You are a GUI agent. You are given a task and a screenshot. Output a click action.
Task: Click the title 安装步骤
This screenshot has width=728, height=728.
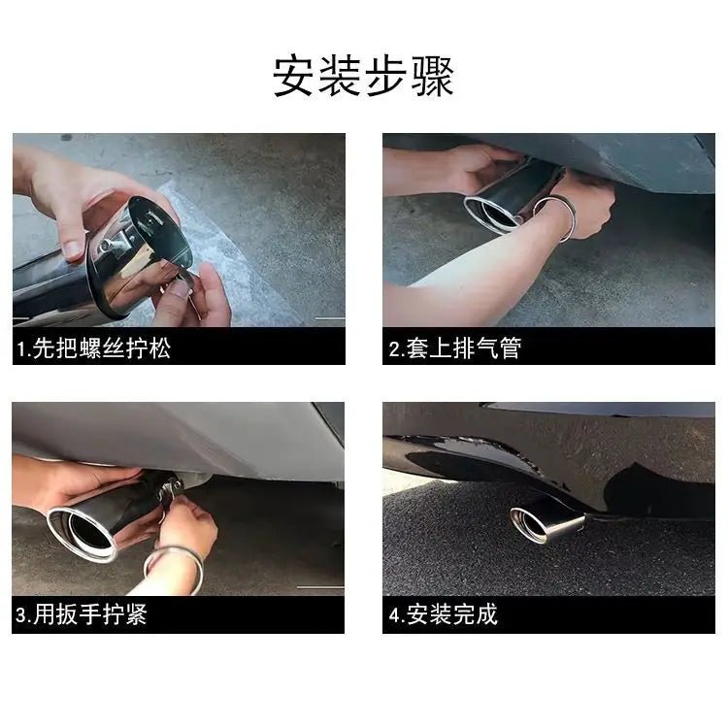pos(363,76)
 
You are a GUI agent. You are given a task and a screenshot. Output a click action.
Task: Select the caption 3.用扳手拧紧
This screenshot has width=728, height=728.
pos(82,614)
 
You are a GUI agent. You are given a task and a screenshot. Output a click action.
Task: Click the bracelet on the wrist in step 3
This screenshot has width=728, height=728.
pos(174,567)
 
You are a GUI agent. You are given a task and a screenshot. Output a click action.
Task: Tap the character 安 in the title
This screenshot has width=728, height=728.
pos(294,76)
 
